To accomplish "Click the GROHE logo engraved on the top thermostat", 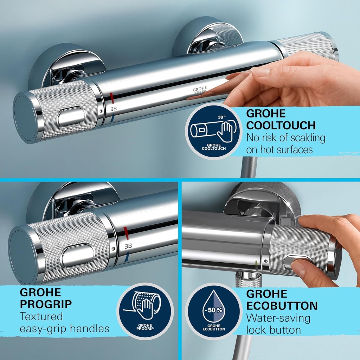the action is tap(200, 89).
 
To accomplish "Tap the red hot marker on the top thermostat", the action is tap(111, 97).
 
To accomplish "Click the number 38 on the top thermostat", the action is tap(114, 109).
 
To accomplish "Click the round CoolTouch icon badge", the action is tap(213, 131).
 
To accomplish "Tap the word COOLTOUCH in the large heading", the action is tap(281, 125).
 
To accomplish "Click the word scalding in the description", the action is tap(308, 138).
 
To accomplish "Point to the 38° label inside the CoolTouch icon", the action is tap(221, 117).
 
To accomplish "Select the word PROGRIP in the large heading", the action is tap(46, 304).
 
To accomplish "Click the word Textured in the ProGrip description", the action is tap(41, 316).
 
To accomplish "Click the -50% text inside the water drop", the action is tap(213, 310).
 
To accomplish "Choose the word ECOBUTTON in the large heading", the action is tap(282, 306).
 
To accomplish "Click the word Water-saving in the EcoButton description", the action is tap(278, 318).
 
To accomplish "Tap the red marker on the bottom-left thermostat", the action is tap(126, 233).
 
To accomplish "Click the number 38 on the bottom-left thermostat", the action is tap(128, 246).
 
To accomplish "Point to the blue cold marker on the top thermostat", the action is tap(112, 118).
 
